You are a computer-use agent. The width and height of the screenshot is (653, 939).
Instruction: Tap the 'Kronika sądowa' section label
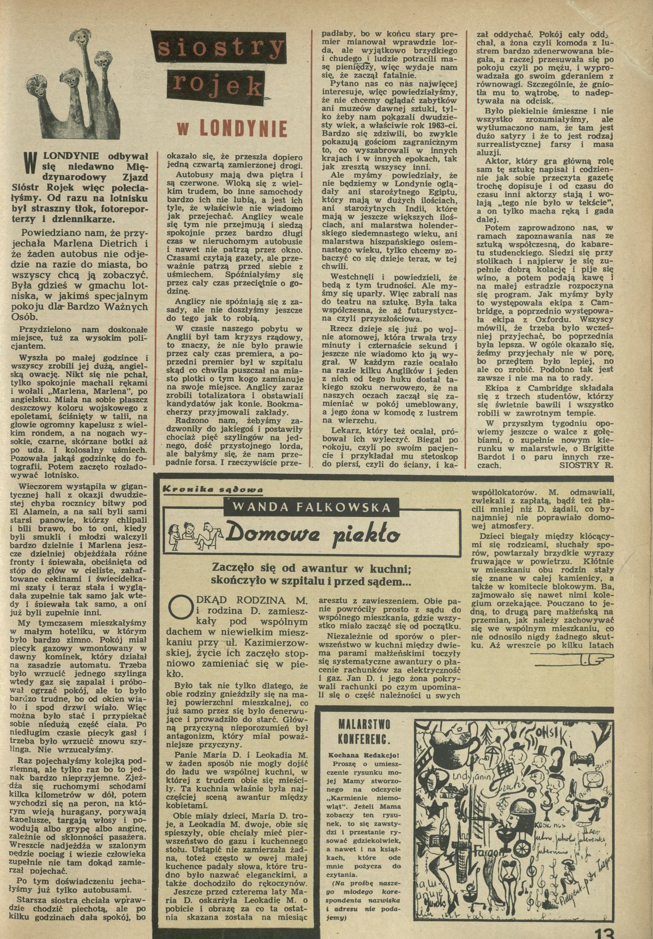click(213, 490)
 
